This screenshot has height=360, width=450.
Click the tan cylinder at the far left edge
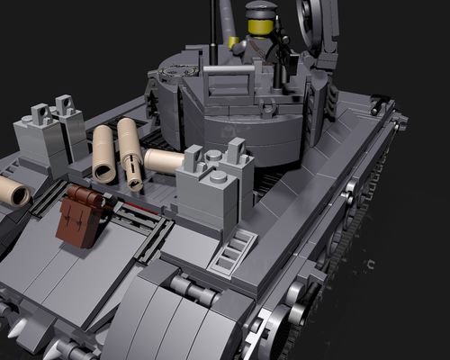click(14, 191)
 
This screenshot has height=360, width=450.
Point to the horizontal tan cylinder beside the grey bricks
click(163, 161)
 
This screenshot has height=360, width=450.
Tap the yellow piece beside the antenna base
click(232, 42)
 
